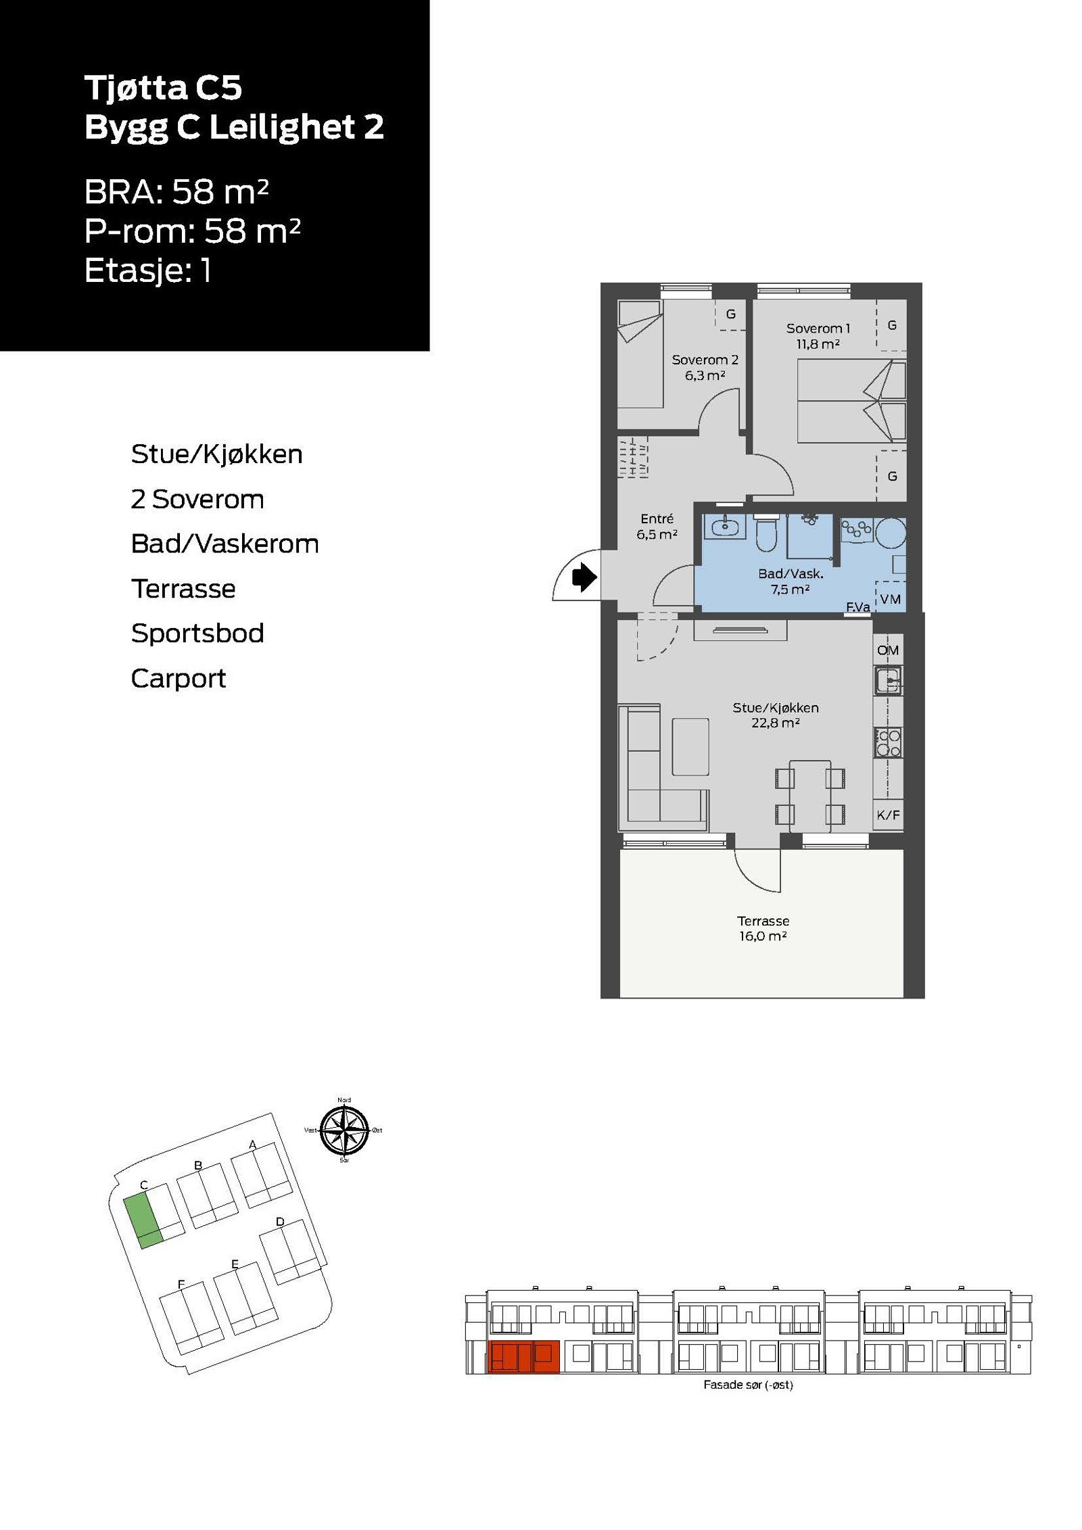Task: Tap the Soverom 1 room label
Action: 818,329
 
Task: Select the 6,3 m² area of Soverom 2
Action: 705,376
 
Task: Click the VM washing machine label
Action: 890,599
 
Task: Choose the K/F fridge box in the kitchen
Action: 888,815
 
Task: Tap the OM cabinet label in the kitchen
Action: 887,650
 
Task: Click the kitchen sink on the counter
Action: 887,679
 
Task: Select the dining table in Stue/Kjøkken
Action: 809,796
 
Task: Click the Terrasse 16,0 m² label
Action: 763,928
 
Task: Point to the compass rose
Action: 344,1130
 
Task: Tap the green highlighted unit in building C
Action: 143,1220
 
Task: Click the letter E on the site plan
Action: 235,1264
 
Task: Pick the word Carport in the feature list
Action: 178,678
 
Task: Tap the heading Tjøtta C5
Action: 163,88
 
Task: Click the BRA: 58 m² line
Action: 177,192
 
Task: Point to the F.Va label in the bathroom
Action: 857,607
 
